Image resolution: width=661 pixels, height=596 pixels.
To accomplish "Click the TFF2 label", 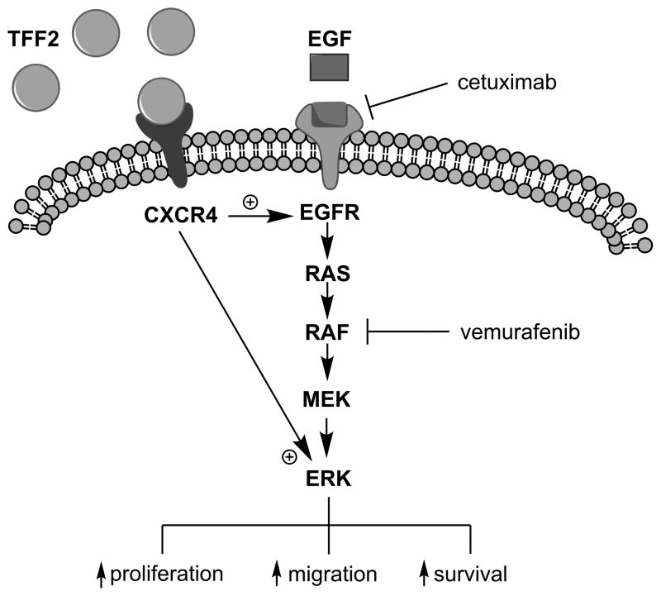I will [x=37, y=37].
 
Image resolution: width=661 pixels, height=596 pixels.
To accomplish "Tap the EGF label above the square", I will [x=330, y=37].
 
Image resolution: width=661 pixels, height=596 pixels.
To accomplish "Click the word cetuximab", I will [x=497, y=83].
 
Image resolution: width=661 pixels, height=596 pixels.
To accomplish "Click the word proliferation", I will [x=167, y=574].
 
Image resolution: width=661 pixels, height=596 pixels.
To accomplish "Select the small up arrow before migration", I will [x=278, y=574].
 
